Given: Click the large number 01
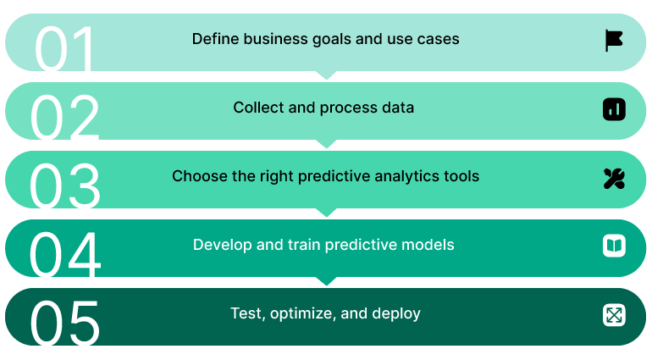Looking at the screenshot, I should [65, 48].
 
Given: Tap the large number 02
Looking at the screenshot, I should [65, 117].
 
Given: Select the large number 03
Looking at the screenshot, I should [65, 186].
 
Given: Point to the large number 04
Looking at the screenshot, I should [65, 254].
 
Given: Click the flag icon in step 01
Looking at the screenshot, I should [614, 40].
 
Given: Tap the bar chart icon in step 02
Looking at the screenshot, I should [614, 108].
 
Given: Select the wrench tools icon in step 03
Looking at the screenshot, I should [614, 178].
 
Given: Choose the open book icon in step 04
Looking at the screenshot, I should [614, 246].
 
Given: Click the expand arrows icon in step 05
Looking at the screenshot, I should [614, 315].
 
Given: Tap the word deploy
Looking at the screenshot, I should [397, 314].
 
